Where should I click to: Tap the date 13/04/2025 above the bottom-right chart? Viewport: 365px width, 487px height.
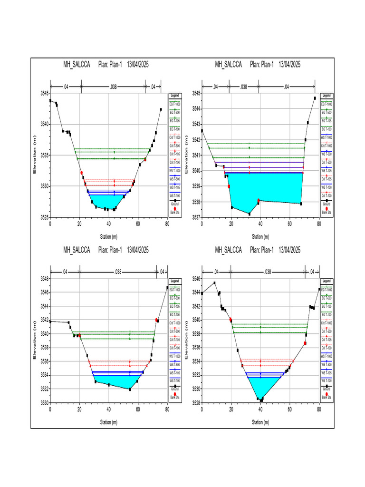290,250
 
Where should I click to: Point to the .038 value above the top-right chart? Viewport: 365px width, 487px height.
243,87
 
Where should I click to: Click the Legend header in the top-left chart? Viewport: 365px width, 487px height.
174,96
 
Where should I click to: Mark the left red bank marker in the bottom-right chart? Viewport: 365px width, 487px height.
231,320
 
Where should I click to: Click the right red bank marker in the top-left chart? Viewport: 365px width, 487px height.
145,160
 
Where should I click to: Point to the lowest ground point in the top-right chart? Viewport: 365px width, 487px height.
250,214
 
